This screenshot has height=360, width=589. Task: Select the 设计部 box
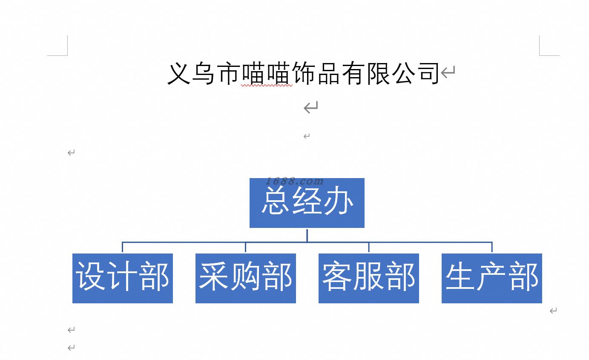click(x=122, y=278)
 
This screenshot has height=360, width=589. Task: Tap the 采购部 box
click(x=245, y=278)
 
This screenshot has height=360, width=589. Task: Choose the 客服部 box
click(x=368, y=278)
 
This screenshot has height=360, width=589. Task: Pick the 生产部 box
click(x=491, y=278)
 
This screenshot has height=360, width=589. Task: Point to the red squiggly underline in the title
click(x=267, y=86)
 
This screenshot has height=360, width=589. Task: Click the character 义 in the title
click(x=178, y=73)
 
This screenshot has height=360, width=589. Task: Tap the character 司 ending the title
click(x=427, y=73)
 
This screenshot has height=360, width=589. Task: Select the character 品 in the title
click(x=328, y=73)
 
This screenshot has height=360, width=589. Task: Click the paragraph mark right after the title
click(x=448, y=72)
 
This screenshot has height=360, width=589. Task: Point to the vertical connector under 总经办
click(x=307, y=235)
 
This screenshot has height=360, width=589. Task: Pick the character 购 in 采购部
click(x=246, y=276)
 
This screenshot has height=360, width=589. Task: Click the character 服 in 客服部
click(x=369, y=276)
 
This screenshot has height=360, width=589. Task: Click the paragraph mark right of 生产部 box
click(x=553, y=311)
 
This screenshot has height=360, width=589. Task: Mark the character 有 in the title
click(x=353, y=73)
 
